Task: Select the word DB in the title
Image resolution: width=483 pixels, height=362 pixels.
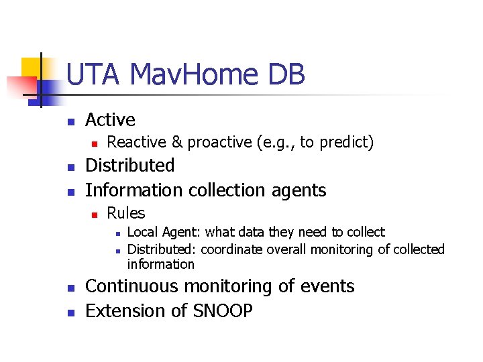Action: (286, 74)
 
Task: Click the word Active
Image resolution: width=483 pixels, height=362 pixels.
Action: (110, 120)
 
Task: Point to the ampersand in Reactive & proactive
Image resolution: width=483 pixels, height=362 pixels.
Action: (177, 142)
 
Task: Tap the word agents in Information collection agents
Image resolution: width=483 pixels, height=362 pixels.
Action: (299, 190)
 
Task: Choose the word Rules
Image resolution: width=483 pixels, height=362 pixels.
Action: (126, 213)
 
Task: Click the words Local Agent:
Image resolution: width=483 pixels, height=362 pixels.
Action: (164, 232)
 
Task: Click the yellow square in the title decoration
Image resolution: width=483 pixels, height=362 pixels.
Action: (31, 69)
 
